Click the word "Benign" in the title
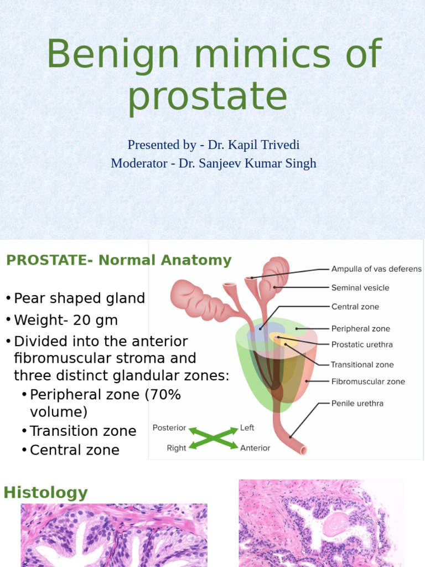point(112,55)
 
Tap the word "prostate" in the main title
point(208,97)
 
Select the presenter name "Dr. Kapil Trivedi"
point(253,145)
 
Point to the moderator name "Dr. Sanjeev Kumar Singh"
point(247,163)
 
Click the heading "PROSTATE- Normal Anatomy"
point(118,260)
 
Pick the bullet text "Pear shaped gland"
point(79,298)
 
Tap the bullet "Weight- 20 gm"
point(66,321)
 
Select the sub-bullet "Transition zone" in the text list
point(83,431)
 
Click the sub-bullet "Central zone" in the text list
point(75,450)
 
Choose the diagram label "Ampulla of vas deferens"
point(376,269)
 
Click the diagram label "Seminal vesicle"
point(360,288)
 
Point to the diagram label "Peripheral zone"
point(360,328)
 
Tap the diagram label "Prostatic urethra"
point(362,344)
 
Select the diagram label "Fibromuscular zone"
point(368,382)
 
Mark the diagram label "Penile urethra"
point(357,403)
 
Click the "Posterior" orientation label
point(169,428)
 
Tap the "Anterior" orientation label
point(255,448)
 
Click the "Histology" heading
point(46,493)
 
